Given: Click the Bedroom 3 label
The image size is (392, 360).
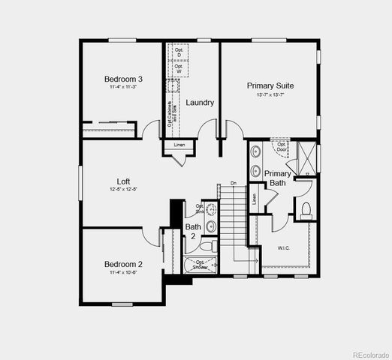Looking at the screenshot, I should click(x=123, y=79).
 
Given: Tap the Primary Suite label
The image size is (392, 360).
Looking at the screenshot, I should click(x=270, y=85).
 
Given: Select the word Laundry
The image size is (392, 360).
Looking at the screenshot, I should click(x=201, y=103).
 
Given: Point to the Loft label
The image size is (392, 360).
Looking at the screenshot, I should click(x=123, y=181).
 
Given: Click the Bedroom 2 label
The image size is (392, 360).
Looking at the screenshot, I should click(x=123, y=264).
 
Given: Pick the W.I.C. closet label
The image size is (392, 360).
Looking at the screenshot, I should click(x=284, y=247).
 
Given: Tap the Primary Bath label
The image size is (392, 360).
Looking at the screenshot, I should click(x=278, y=178).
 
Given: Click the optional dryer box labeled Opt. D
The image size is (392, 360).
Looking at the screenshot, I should click(x=179, y=52).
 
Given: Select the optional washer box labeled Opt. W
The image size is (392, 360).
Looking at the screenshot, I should click(x=179, y=68).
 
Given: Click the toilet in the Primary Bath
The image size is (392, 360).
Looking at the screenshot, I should click(x=306, y=210).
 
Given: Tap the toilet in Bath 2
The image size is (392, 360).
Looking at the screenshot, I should click(x=213, y=245).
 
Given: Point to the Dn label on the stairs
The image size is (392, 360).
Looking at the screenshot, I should click(x=234, y=183).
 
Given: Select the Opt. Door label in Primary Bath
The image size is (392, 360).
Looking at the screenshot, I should click(x=281, y=145).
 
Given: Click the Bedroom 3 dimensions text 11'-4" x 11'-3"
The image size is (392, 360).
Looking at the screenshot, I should click(x=123, y=88).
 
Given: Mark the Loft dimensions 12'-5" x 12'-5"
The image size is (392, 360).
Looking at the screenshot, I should click(x=123, y=190).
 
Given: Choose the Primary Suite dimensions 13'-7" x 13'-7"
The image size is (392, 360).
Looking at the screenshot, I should click(x=270, y=94).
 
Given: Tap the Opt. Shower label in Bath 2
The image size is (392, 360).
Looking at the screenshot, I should click(x=201, y=264).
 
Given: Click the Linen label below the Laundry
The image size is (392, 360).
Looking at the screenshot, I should click(x=179, y=145).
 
